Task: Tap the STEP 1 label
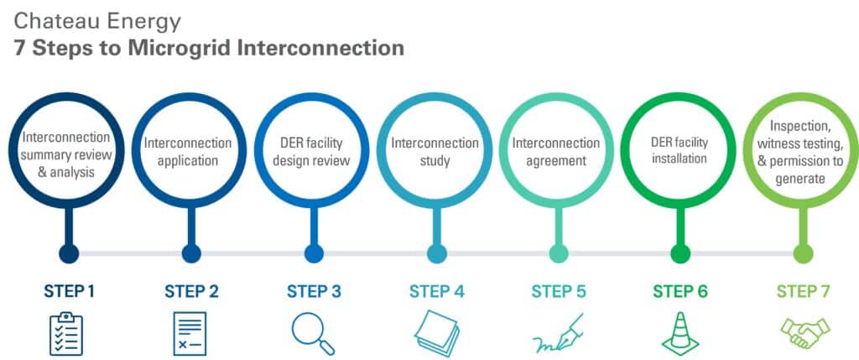pos(69,292)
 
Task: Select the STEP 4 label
pos(436,292)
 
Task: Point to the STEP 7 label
pos(804,292)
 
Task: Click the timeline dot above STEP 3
pos(314,253)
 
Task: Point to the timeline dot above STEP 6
pos(680,253)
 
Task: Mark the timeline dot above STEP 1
pos(69,253)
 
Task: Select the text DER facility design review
pos(313,151)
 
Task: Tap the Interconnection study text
pos(435,151)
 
